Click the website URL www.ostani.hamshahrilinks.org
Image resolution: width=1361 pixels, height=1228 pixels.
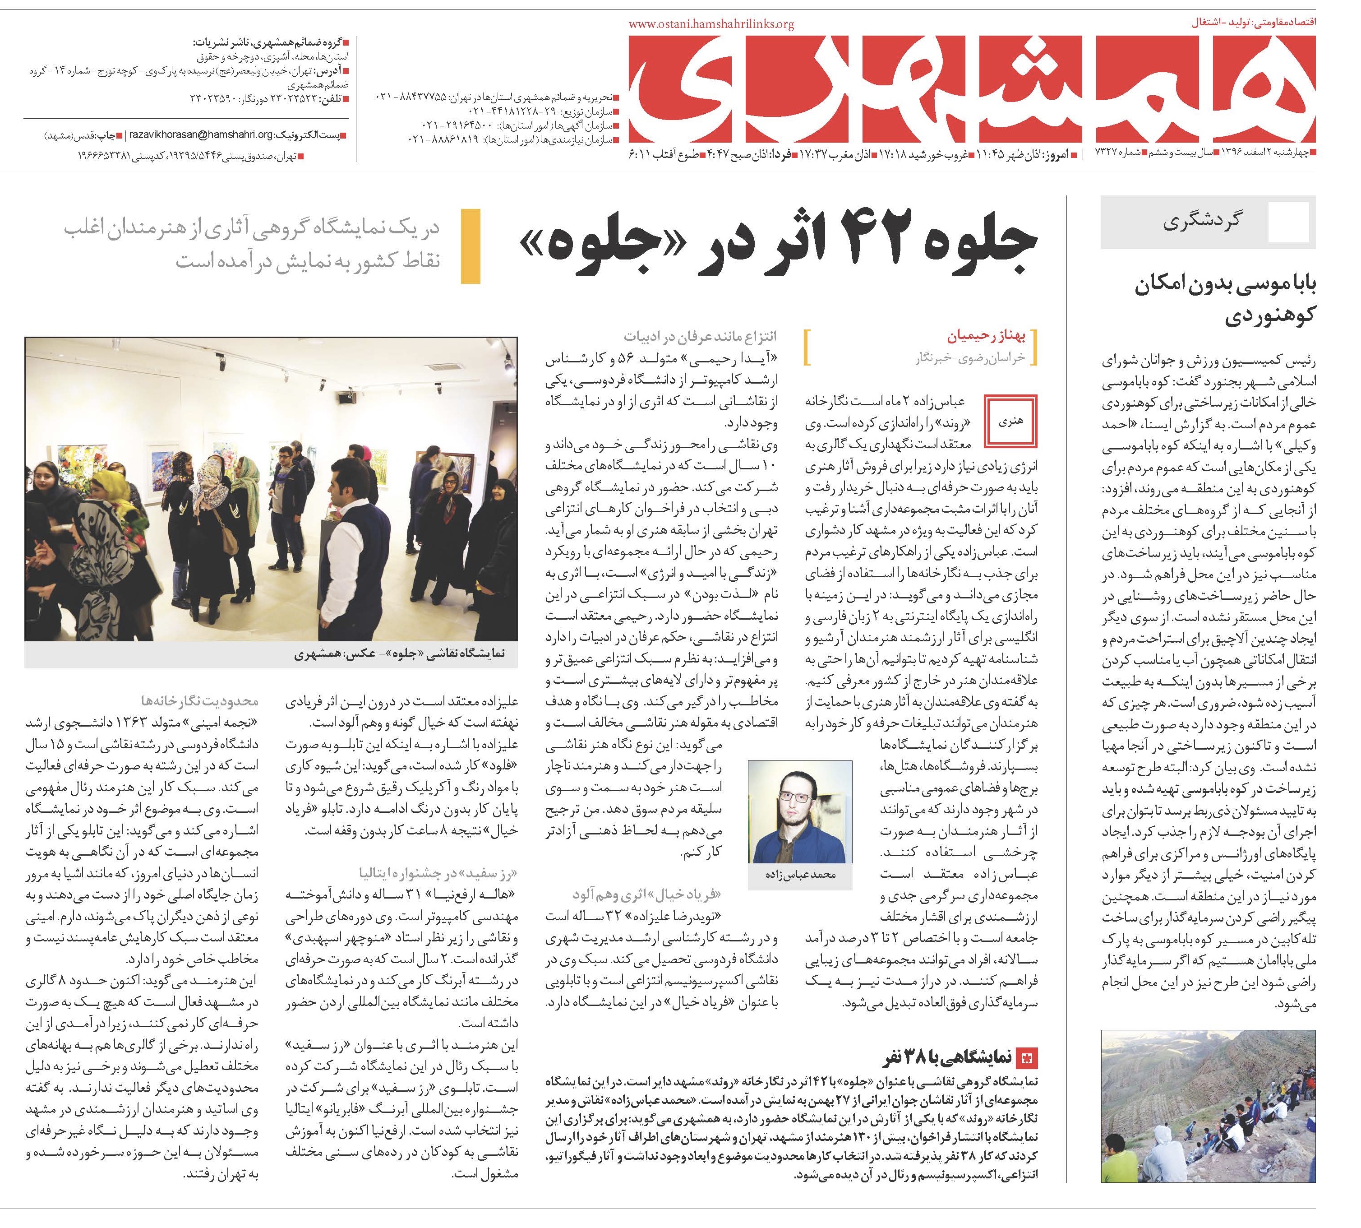[x=711, y=24]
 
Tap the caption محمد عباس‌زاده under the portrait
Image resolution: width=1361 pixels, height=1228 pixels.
[x=801, y=875]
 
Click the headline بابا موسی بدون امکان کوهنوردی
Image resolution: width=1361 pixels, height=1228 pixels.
[x=1224, y=300]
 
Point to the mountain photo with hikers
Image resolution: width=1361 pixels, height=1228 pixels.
[x=1207, y=1107]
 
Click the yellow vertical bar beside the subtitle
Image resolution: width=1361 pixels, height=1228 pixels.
[x=470, y=246]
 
